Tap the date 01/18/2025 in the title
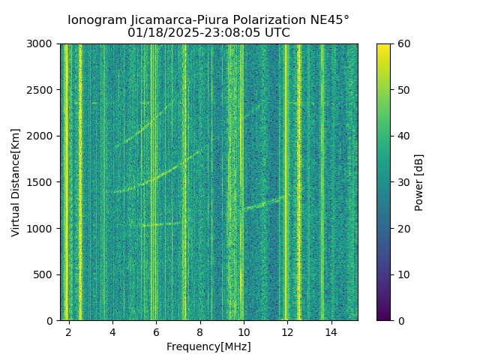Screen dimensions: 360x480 [157, 33]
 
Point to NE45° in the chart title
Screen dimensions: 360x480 [328, 20]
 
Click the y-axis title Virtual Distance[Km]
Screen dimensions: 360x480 [16, 182]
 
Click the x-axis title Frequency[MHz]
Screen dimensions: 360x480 [208, 346]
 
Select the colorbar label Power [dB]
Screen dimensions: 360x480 [419, 182]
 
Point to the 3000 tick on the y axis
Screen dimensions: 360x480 [42, 44]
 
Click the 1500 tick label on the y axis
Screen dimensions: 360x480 [42, 182]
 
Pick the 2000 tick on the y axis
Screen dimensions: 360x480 [42, 136]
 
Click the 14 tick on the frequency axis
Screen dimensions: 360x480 [331, 331]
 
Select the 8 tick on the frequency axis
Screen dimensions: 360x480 [199, 331]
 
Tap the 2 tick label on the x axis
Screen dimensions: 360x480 [69, 331]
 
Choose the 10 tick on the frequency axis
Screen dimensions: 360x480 [244, 331]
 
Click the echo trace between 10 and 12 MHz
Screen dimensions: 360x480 [262, 203]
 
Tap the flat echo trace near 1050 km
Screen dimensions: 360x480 [161, 223]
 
